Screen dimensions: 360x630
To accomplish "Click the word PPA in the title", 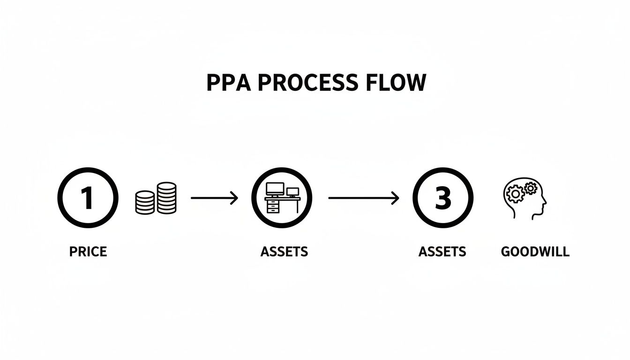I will tap(228, 83).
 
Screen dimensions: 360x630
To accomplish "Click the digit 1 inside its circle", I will tap(88, 198).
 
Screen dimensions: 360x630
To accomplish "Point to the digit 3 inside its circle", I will tap(442, 198).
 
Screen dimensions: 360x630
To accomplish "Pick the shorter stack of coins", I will tap(145, 202).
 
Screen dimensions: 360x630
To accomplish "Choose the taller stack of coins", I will tap(166, 198).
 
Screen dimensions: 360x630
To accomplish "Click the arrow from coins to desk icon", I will tap(214, 198).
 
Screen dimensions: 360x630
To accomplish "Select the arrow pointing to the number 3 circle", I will tap(363, 198).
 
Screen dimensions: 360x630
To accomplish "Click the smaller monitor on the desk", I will tap(292, 192).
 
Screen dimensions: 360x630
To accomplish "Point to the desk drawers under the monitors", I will tap(272, 207).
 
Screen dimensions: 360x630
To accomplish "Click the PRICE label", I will tap(88, 252).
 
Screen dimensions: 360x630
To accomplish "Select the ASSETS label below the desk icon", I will tap(284, 252).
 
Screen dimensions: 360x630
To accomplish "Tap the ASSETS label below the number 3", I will tap(442, 252).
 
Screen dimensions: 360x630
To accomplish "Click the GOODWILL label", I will tap(535, 252).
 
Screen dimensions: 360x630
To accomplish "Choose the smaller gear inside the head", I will tap(530, 188).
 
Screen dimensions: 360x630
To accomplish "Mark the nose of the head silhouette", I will tap(545, 202).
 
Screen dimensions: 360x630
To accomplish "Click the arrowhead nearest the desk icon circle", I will tap(234, 198).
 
